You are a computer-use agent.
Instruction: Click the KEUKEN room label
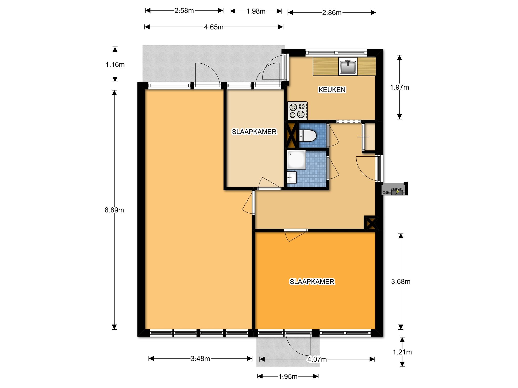[x=332, y=90]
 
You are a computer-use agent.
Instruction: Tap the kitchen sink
[x=348, y=66]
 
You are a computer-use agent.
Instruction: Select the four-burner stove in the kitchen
[x=297, y=111]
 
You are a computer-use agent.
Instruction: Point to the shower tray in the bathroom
[x=296, y=160]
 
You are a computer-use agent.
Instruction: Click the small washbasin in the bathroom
[x=292, y=178]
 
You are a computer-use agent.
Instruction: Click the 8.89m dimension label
[x=114, y=210]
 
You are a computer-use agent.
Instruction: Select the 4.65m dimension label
[x=214, y=27]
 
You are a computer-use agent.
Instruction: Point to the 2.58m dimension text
[x=184, y=11]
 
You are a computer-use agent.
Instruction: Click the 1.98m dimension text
[x=256, y=11]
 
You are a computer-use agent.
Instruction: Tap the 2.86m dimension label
[x=332, y=13]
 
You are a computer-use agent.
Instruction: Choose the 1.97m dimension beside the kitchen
[x=399, y=87]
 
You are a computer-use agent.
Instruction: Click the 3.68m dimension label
[x=401, y=282]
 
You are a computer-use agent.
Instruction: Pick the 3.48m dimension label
[x=200, y=359]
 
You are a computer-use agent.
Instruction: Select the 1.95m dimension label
[x=288, y=377]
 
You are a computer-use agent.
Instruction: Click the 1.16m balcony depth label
[x=115, y=65]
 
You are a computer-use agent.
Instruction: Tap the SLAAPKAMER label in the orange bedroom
[x=312, y=282]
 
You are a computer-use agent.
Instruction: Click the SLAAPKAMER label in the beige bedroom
[x=254, y=132]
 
